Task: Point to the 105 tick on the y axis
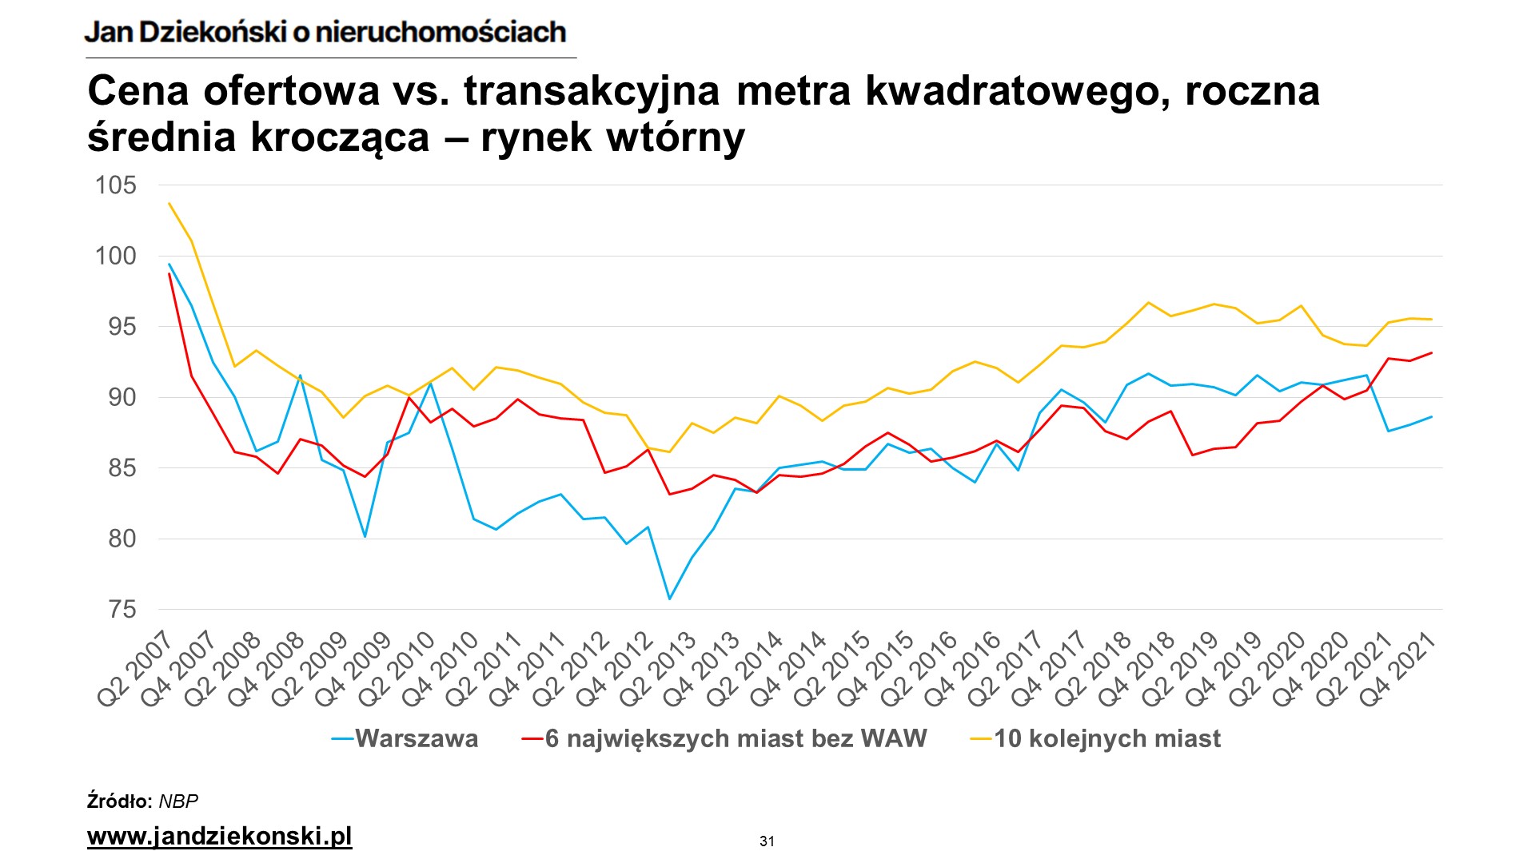[x=116, y=185]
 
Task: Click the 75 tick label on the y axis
[x=122, y=610]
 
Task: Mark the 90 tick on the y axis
[x=122, y=397]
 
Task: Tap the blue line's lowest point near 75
[x=669, y=599]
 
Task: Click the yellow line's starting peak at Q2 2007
[x=169, y=203]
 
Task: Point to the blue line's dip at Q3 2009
[x=365, y=536]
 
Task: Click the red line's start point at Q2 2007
[x=169, y=273]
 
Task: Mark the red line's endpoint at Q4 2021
[x=1431, y=352]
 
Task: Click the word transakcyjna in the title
[x=592, y=90]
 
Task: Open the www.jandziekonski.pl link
[x=219, y=836]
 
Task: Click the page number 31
[x=767, y=841]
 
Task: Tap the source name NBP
[x=178, y=801]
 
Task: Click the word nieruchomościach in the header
[x=441, y=32]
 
